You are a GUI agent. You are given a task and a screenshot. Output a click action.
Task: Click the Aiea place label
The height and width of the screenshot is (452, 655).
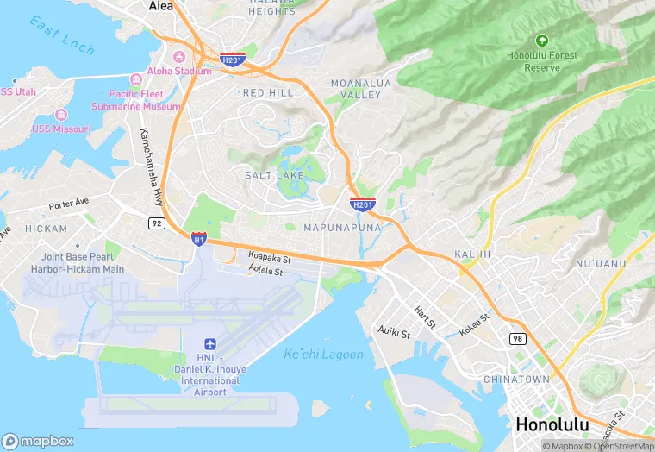click(x=161, y=6)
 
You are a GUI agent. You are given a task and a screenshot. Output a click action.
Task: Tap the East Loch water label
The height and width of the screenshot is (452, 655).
click(x=62, y=35)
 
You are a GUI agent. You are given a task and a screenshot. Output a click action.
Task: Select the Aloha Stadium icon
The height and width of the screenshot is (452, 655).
click(x=180, y=58)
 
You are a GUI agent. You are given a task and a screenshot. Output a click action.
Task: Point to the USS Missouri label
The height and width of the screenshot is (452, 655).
click(x=61, y=129)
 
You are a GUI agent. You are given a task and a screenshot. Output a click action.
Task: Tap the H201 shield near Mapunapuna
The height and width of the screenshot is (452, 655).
click(x=363, y=204)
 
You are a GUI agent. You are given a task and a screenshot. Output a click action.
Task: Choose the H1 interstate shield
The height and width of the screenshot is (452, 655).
click(x=198, y=238)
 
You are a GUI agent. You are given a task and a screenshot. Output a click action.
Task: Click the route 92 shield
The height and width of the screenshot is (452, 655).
click(x=156, y=223)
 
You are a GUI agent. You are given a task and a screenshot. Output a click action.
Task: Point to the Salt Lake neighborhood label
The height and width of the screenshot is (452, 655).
click(x=274, y=175)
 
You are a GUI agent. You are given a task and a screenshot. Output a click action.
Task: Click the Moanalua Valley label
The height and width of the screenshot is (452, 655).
click(x=355, y=89)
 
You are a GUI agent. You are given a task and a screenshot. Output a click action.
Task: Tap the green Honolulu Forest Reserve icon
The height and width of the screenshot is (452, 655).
click(x=541, y=40)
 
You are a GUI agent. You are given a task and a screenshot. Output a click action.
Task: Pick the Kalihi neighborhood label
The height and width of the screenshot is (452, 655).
click(x=472, y=254)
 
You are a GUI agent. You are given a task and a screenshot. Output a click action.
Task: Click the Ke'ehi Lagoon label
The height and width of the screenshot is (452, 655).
click(x=323, y=354)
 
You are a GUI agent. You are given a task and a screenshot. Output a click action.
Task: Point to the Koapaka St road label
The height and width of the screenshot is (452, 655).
click(x=271, y=257)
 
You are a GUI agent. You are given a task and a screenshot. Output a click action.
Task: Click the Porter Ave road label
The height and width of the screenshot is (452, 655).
click(x=69, y=205)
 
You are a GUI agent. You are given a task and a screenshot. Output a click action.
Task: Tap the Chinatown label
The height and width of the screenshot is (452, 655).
click(x=516, y=380)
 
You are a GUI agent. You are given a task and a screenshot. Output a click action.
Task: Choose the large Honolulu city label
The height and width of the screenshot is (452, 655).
click(x=552, y=424)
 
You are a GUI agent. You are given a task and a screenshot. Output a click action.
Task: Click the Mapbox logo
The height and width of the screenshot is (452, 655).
click(x=37, y=441)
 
